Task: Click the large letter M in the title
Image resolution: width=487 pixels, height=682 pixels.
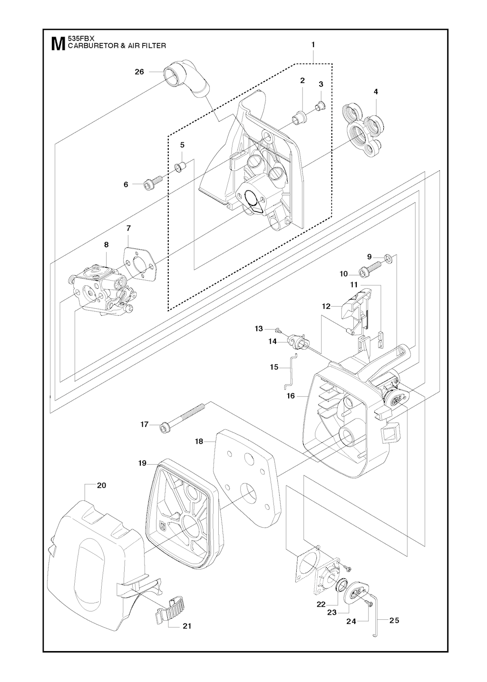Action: click(x=58, y=44)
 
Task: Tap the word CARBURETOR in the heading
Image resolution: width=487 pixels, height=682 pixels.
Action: click(x=92, y=46)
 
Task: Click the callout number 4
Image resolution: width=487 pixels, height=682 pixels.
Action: click(x=376, y=92)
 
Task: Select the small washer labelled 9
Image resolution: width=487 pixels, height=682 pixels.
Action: click(x=389, y=259)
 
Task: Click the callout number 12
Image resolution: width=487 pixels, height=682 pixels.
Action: click(x=326, y=306)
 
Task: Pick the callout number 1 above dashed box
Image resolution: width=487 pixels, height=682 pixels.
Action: click(x=313, y=44)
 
